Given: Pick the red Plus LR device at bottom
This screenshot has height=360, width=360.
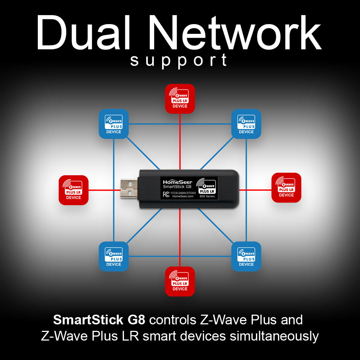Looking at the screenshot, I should [180, 281].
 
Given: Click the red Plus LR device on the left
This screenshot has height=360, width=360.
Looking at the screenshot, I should [73, 190].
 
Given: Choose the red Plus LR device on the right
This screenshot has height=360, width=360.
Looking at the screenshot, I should [286, 188].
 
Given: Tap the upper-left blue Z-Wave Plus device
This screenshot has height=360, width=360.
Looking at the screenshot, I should [114, 124].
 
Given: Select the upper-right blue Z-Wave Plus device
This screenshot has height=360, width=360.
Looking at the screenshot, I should [246, 124].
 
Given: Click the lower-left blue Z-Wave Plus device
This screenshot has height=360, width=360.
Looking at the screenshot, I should [114, 256].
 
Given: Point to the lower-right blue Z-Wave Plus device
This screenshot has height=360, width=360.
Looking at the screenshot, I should [246, 256].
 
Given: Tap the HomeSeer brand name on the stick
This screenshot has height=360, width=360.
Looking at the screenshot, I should [177, 182].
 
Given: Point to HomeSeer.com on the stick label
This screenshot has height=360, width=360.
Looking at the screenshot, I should [183, 196].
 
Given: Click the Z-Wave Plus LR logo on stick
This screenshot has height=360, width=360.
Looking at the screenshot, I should [207, 184].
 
